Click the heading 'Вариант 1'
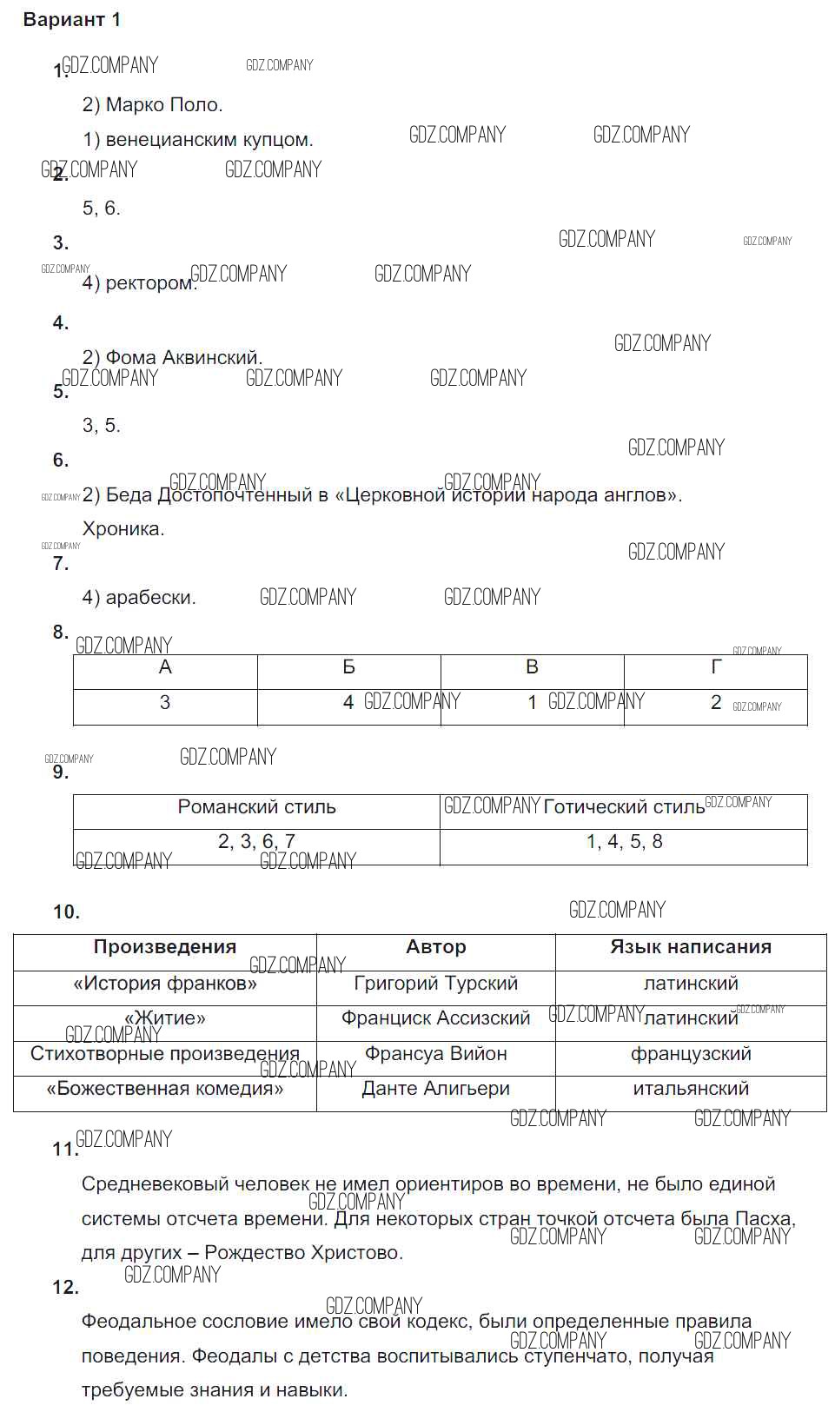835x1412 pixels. click(x=72, y=20)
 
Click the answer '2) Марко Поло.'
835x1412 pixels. click(x=152, y=105)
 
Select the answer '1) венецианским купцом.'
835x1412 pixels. click(x=197, y=140)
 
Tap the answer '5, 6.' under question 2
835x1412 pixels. click(x=101, y=209)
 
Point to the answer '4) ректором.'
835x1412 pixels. click(x=139, y=283)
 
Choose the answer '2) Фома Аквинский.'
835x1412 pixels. click(x=172, y=357)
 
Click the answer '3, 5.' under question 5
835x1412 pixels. click(x=101, y=426)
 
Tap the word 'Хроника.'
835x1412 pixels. click(x=123, y=529)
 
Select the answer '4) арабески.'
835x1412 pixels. click(x=139, y=598)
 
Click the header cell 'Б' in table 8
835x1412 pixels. click(x=348, y=667)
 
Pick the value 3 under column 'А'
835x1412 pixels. click(x=165, y=703)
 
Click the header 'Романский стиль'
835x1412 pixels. click(x=256, y=807)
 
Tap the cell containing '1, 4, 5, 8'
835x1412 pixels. click(x=624, y=842)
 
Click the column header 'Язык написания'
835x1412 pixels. click(x=691, y=947)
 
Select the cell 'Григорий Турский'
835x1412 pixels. click(x=435, y=984)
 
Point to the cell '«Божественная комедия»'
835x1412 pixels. click(x=165, y=1089)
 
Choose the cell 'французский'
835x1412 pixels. click(x=691, y=1054)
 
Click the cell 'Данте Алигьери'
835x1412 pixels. click(x=435, y=1089)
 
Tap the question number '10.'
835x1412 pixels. click(x=66, y=912)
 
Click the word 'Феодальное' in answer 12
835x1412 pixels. click(x=131, y=1322)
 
